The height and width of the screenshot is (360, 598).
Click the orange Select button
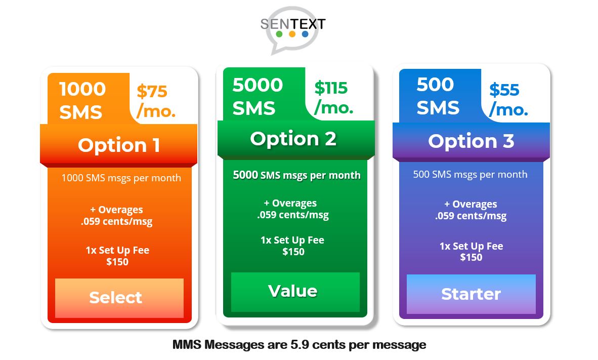(x=119, y=298)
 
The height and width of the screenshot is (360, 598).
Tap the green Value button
(x=295, y=292)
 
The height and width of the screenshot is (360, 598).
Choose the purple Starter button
(x=471, y=294)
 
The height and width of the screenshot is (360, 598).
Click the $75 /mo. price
(x=156, y=101)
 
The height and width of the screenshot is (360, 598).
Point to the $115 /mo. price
(x=334, y=98)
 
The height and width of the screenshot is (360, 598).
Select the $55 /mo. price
(x=508, y=100)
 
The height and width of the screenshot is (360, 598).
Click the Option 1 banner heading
(x=119, y=145)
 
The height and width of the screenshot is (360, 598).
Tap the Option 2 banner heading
(x=293, y=139)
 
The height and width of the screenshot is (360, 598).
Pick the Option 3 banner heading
(x=471, y=141)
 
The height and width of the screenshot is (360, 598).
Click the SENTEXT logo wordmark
(x=293, y=24)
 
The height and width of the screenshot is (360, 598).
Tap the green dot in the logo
(x=279, y=34)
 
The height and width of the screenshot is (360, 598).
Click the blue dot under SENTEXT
(x=305, y=34)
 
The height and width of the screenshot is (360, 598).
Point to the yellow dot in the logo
(x=292, y=34)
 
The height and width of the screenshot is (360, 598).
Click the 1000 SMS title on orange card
(x=82, y=100)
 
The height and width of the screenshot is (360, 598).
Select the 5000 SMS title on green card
(x=258, y=97)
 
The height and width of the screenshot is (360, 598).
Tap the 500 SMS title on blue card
(x=438, y=96)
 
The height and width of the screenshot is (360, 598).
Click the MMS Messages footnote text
(x=300, y=345)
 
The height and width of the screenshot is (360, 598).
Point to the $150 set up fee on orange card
(x=117, y=262)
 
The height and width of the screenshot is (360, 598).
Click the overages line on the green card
(x=293, y=209)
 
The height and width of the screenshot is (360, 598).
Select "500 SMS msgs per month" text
(x=470, y=175)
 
